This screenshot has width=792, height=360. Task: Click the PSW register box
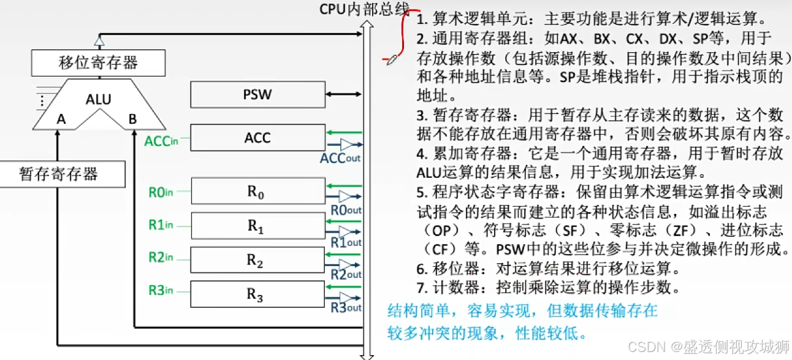click(x=257, y=95)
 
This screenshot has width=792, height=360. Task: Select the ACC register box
click(x=257, y=138)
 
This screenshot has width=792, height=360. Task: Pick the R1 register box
click(x=257, y=226)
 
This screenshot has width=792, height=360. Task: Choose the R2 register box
click(x=257, y=260)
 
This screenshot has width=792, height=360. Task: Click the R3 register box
click(x=257, y=294)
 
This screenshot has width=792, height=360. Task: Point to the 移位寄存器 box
click(x=98, y=62)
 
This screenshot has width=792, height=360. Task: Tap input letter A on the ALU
click(x=61, y=120)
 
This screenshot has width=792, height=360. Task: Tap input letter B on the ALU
click(x=132, y=120)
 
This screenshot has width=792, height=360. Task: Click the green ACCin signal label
click(x=161, y=141)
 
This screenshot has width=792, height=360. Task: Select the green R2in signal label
click(x=161, y=257)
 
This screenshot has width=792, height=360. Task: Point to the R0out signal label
click(x=346, y=210)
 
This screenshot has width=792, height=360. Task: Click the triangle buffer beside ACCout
click(x=348, y=145)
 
